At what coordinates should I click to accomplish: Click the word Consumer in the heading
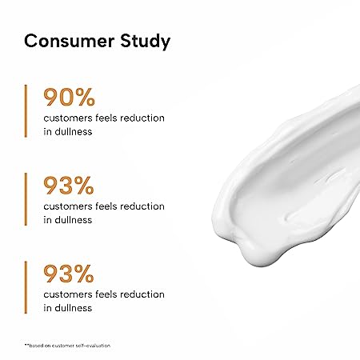70,41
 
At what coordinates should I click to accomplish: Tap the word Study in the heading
146,42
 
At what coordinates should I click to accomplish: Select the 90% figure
69,98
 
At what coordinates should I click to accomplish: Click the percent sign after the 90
85,98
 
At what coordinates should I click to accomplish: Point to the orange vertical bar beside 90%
26,111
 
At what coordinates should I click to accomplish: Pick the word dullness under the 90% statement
74,131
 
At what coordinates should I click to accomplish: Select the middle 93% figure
69,186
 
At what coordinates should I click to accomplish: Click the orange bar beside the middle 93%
26,199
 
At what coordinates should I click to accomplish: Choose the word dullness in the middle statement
74,220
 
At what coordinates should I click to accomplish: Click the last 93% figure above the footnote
69,274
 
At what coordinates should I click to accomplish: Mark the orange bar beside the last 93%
26,287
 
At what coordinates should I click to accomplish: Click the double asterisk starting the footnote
26,345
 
